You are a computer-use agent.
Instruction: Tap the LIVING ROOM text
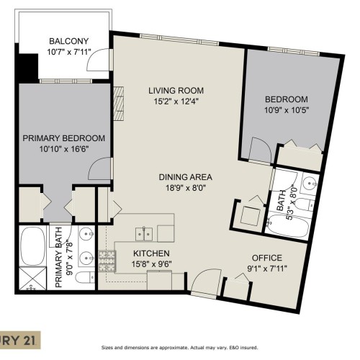176,91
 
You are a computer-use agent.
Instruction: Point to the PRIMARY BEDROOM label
64,138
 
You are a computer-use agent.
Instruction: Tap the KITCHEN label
151,253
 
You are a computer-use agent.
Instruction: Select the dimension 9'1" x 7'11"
266,270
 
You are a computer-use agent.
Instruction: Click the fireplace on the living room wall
120,102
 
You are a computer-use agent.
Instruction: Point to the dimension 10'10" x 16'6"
64,150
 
